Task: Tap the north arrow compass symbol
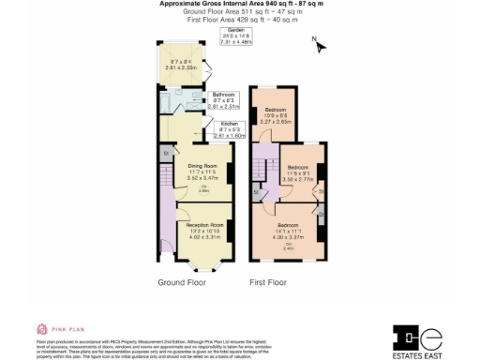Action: tap(316, 46)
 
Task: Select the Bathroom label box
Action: tap(223, 100)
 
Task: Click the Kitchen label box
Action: tap(231, 129)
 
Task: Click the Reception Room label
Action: tap(203, 230)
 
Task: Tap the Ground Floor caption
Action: tap(183, 282)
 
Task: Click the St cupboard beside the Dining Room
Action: tap(165, 152)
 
